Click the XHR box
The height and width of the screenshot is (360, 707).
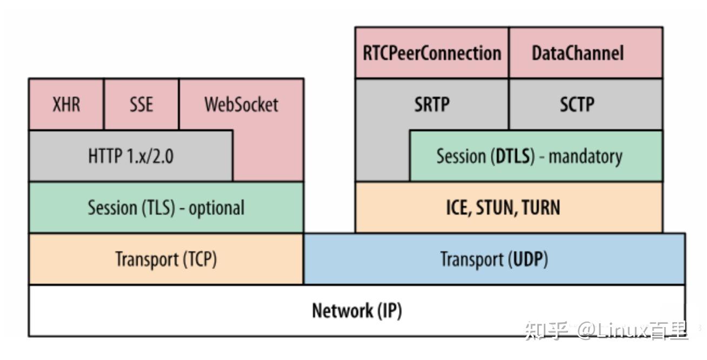[66, 104]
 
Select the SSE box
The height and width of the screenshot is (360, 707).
[141, 104]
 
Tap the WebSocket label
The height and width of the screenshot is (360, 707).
[241, 104]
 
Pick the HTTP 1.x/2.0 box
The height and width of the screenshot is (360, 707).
[131, 156]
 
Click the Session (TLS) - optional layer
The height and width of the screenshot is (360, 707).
[166, 208]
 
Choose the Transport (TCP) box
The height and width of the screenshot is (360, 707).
[166, 259]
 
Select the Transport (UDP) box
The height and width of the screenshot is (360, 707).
[494, 259]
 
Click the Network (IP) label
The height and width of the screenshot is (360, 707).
[357, 311]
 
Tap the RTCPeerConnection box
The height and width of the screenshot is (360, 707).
[432, 53]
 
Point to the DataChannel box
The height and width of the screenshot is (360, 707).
[585, 53]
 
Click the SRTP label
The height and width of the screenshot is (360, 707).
[432, 104]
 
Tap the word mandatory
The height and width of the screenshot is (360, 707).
[585, 157]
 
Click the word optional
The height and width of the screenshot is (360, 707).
[216, 208]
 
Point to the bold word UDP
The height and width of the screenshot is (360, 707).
[527, 259]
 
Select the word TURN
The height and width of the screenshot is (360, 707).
[541, 208]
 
